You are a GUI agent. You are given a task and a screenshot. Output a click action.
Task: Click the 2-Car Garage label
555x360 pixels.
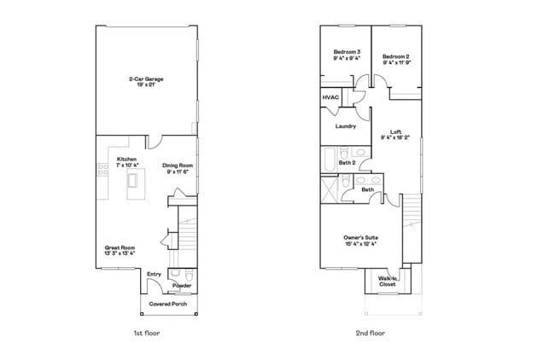[146, 78]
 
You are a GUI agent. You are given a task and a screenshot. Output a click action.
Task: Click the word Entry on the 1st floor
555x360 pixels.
[154, 274]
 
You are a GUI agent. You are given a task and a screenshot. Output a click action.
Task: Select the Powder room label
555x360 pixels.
[182, 286]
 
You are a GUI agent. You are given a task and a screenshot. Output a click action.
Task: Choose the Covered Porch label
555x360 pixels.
[168, 304]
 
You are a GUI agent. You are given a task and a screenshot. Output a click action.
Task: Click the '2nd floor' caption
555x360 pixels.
[372, 333]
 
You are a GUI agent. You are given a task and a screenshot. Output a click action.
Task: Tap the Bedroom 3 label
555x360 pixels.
[346, 53]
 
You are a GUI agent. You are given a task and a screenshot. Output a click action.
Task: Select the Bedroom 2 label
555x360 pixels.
[397, 53]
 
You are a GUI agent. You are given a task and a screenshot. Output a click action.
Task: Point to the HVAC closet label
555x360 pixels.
[330, 98]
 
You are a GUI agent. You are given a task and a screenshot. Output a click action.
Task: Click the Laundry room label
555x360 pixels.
[345, 126]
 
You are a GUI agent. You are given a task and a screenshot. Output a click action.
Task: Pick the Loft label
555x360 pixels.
[395, 131]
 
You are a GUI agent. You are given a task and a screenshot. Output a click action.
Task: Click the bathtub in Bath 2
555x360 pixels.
[329, 160]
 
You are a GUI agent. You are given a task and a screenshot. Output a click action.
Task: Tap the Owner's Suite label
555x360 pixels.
[359, 236]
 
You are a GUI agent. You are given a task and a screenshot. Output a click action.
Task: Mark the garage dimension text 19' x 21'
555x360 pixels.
[146, 84]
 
